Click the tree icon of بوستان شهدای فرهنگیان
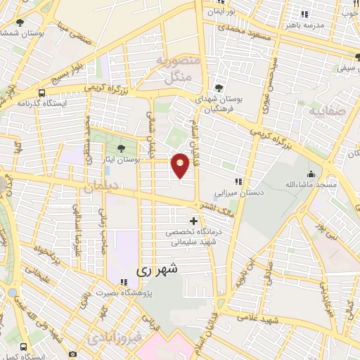[x=219, y=89]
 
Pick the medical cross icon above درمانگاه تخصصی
[x=194, y=221]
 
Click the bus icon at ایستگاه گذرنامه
[x=42, y=92]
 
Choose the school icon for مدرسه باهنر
[x=304, y=14]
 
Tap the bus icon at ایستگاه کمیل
[x=25, y=347]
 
